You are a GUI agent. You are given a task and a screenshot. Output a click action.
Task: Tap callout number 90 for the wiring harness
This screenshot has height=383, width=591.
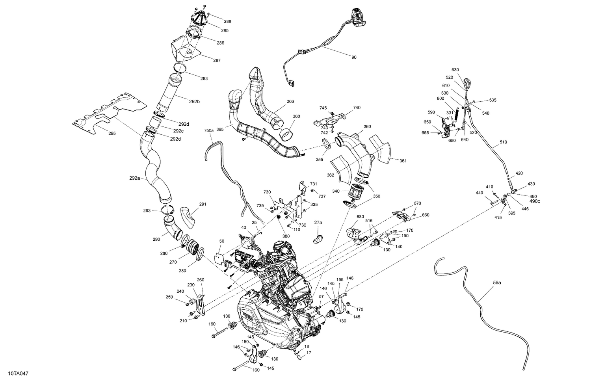coord(354,58)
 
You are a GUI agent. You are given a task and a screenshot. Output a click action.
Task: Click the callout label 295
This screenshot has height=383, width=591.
coord(112,134)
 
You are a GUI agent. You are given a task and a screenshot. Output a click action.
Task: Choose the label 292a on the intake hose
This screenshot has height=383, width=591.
coord(134,178)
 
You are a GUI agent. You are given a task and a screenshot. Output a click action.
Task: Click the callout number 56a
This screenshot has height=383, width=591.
coord(497,283)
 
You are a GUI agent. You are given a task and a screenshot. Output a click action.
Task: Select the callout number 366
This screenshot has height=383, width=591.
coord(290,101)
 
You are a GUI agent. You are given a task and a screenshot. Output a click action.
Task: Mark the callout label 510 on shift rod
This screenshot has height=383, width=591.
coord(504,142)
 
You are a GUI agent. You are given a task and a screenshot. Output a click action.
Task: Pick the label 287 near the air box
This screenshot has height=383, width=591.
coord(217,60)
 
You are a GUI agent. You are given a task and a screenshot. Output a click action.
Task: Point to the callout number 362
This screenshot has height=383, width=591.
coord(331,175)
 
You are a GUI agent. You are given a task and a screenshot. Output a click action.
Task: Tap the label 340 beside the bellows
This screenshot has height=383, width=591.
coord(335,191)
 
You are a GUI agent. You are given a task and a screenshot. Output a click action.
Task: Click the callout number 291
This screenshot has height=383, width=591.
coord(203,204)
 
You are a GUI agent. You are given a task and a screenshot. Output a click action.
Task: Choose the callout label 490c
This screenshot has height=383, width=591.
coord(535,201)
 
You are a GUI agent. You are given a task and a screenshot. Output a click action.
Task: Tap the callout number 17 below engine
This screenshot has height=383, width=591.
coord(309,353)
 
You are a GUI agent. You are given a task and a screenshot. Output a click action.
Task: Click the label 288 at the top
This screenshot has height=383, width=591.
coord(228,22)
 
